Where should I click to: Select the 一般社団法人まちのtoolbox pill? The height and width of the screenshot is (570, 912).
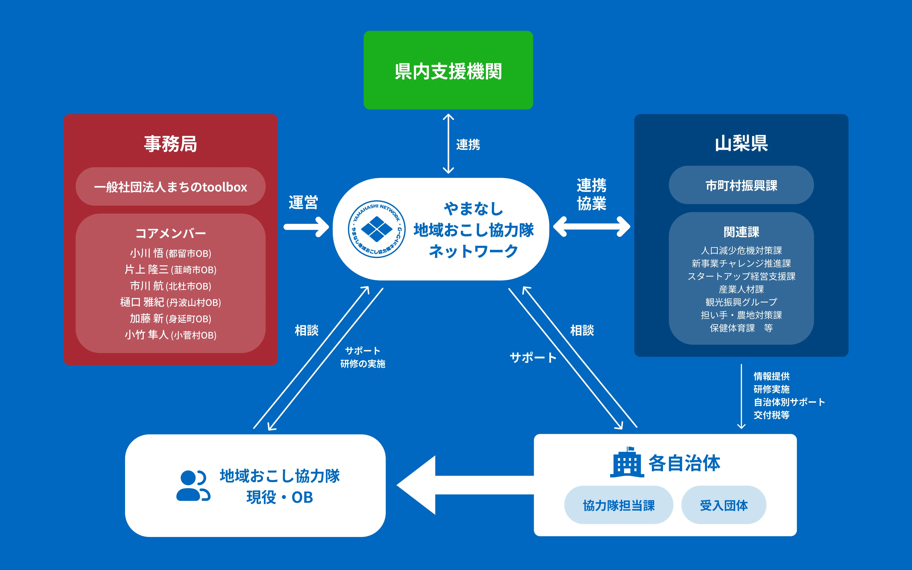click(x=170, y=187)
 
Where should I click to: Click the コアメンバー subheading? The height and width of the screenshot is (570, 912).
click(x=170, y=233)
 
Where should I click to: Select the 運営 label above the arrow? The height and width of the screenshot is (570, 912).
click(x=303, y=202)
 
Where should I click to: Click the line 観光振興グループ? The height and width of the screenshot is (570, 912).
click(x=741, y=302)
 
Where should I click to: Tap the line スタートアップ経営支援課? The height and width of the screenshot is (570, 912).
click(x=741, y=276)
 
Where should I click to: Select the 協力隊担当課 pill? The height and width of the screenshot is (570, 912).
click(x=618, y=505)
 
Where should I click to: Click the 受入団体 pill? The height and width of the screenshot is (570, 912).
click(x=724, y=505)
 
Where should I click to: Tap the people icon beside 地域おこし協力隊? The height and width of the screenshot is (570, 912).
click(x=193, y=486)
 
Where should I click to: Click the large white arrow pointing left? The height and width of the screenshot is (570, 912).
click(x=452, y=485)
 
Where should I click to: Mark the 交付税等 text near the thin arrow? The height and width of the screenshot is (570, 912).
click(x=771, y=415)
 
